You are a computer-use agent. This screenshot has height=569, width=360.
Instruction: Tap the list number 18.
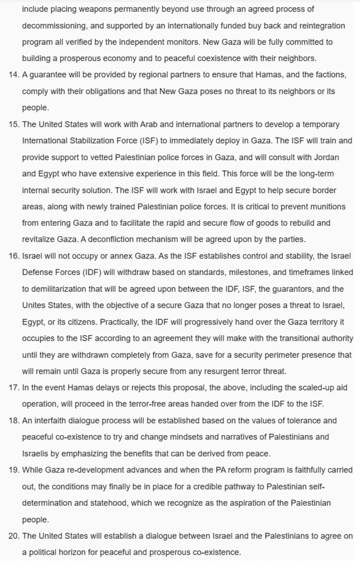(13, 420)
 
